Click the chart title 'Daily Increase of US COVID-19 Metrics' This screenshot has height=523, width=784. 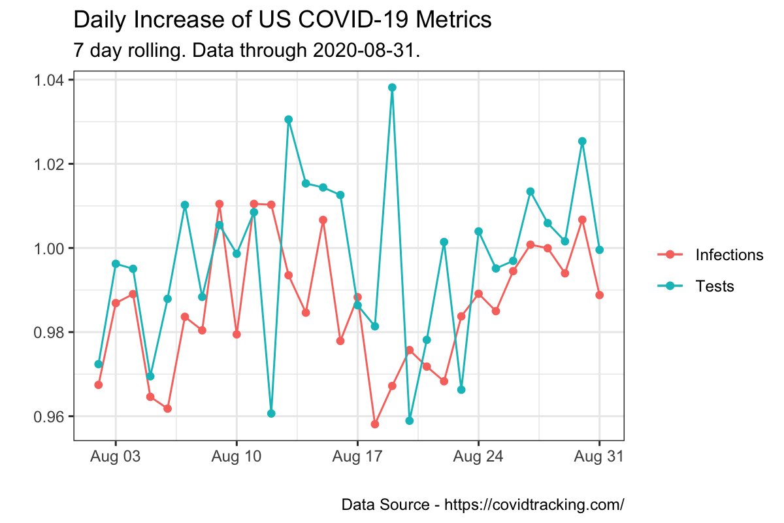click(x=282, y=20)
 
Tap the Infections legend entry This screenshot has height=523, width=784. click(x=729, y=255)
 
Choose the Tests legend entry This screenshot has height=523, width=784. click(x=715, y=286)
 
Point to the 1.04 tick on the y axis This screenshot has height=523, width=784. click(x=52, y=80)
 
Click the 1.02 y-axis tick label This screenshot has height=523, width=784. click(x=52, y=164)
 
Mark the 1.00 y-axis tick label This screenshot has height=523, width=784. click(x=52, y=248)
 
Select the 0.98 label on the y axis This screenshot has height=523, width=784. click(x=52, y=332)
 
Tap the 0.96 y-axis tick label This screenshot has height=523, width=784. click(x=52, y=416)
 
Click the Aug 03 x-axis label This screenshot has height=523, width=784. click(x=116, y=457)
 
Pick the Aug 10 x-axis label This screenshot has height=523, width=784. click(x=237, y=457)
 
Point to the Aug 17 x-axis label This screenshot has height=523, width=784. click(x=357, y=457)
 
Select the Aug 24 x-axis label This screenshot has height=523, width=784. click(x=478, y=457)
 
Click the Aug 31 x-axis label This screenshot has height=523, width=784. click(x=599, y=457)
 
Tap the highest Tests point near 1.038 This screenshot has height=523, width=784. click(x=392, y=88)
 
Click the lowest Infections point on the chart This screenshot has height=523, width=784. click(x=375, y=424)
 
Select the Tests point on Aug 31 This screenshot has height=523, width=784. click(x=599, y=250)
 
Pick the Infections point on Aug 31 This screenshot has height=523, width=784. click(x=599, y=295)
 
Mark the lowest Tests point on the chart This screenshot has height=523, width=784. click(x=410, y=420)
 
